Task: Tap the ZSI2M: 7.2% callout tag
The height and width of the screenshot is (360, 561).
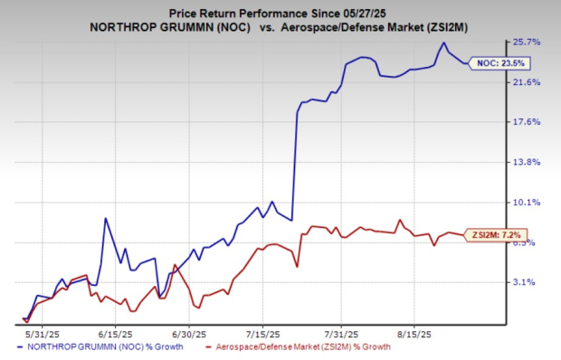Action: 498,235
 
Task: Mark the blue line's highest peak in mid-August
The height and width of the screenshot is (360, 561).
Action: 442,43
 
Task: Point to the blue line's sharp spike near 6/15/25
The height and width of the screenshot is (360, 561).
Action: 106,218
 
